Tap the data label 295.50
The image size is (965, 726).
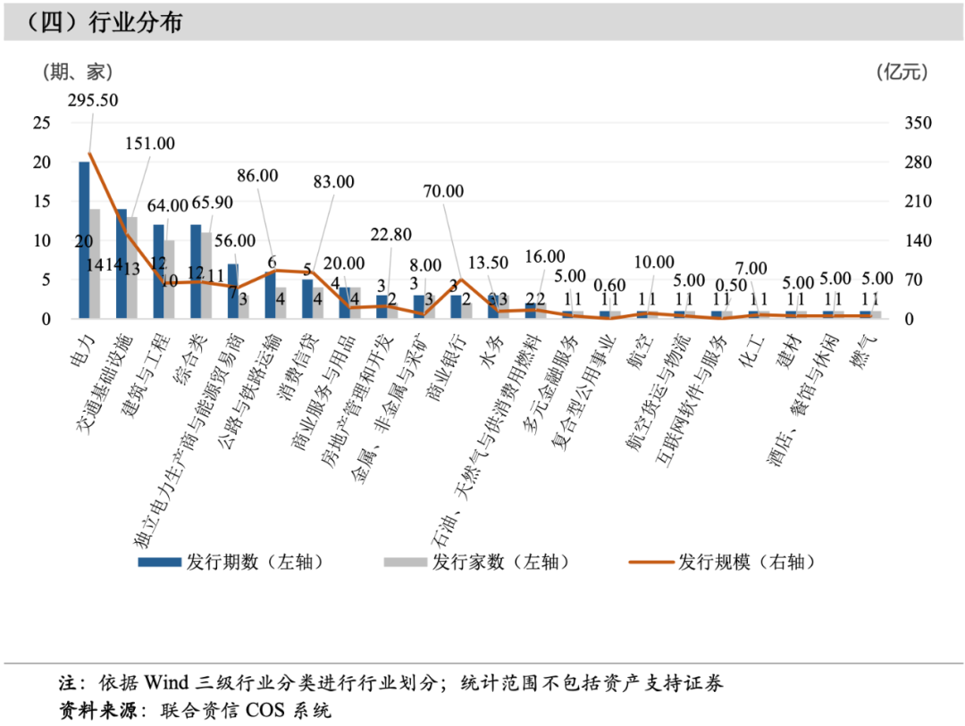(93, 100)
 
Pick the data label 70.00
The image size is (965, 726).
(443, 191)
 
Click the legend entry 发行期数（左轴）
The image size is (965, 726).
(230, 562)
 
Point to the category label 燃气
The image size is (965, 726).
(867, 346)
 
